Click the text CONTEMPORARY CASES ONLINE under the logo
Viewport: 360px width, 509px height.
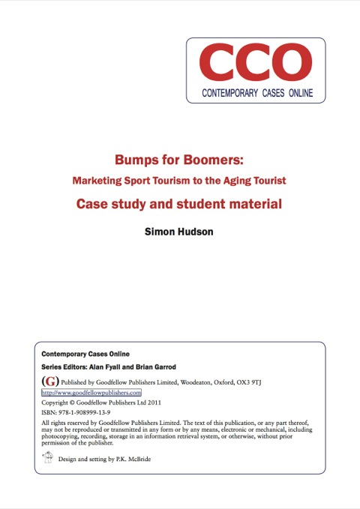[256, 94]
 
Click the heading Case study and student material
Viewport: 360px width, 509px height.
[179, 202]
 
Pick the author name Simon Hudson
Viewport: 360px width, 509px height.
[178, 232]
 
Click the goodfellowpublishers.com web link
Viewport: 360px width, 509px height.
[91, 392]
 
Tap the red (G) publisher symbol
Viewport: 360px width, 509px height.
[47, 382]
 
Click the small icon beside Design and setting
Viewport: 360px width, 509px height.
[47, 457]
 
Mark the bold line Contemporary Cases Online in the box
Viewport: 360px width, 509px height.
[85, 353]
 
